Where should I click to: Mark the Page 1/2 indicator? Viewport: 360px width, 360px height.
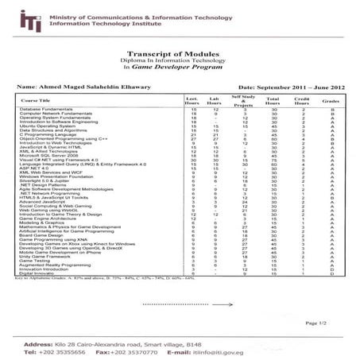(326, 323)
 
